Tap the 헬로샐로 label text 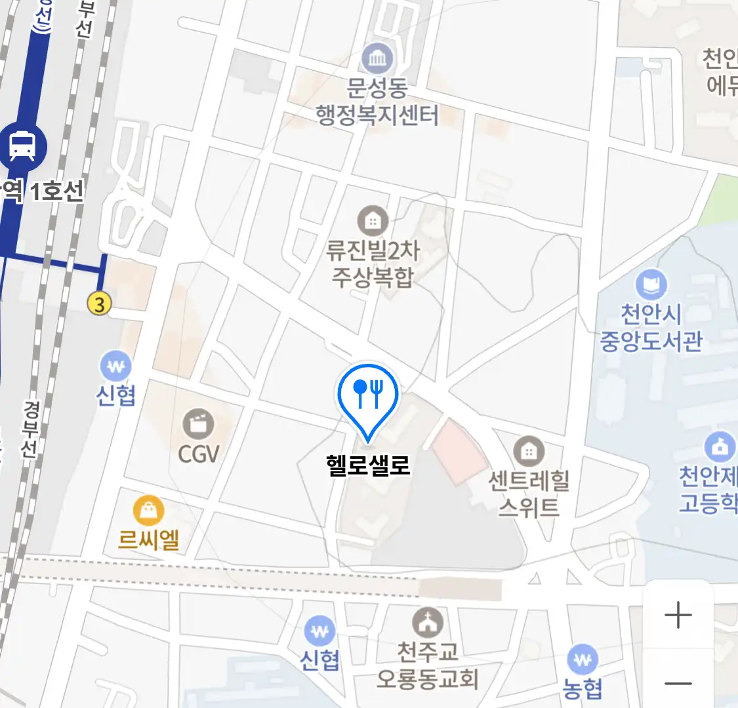coord(368,465)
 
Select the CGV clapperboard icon coord(198,424)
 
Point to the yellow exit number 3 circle coord(100,304)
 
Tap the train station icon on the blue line coord(23,145)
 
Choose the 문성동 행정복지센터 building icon coord(377,59)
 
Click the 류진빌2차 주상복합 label coord(373,264)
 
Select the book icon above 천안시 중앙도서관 coord(651,286)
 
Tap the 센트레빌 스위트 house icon coord(528,452)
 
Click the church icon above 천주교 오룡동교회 coord(428,622)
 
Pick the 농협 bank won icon coord(582,659)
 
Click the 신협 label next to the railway coord(116,395)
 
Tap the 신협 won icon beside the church coord(320,632)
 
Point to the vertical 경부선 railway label coord(30,429)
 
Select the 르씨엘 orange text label coord(149,540)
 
